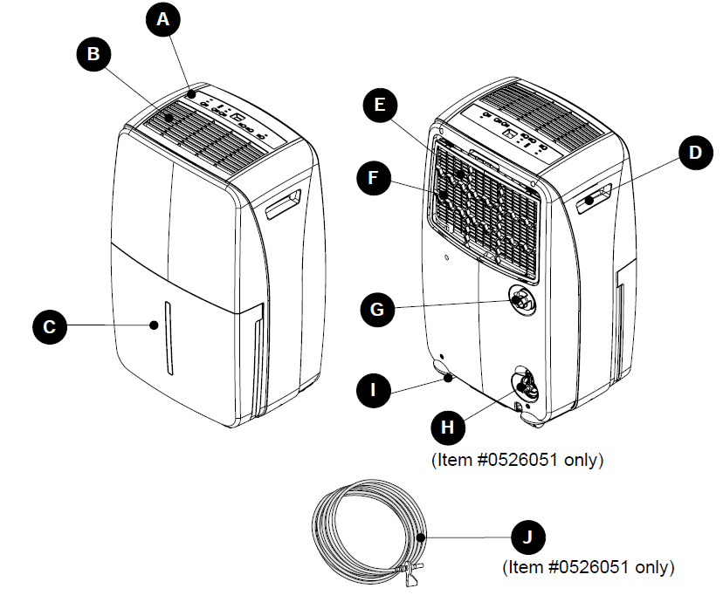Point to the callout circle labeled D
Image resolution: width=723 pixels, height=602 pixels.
pos(694,154)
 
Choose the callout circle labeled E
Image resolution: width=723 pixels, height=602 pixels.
pos(378,106)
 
